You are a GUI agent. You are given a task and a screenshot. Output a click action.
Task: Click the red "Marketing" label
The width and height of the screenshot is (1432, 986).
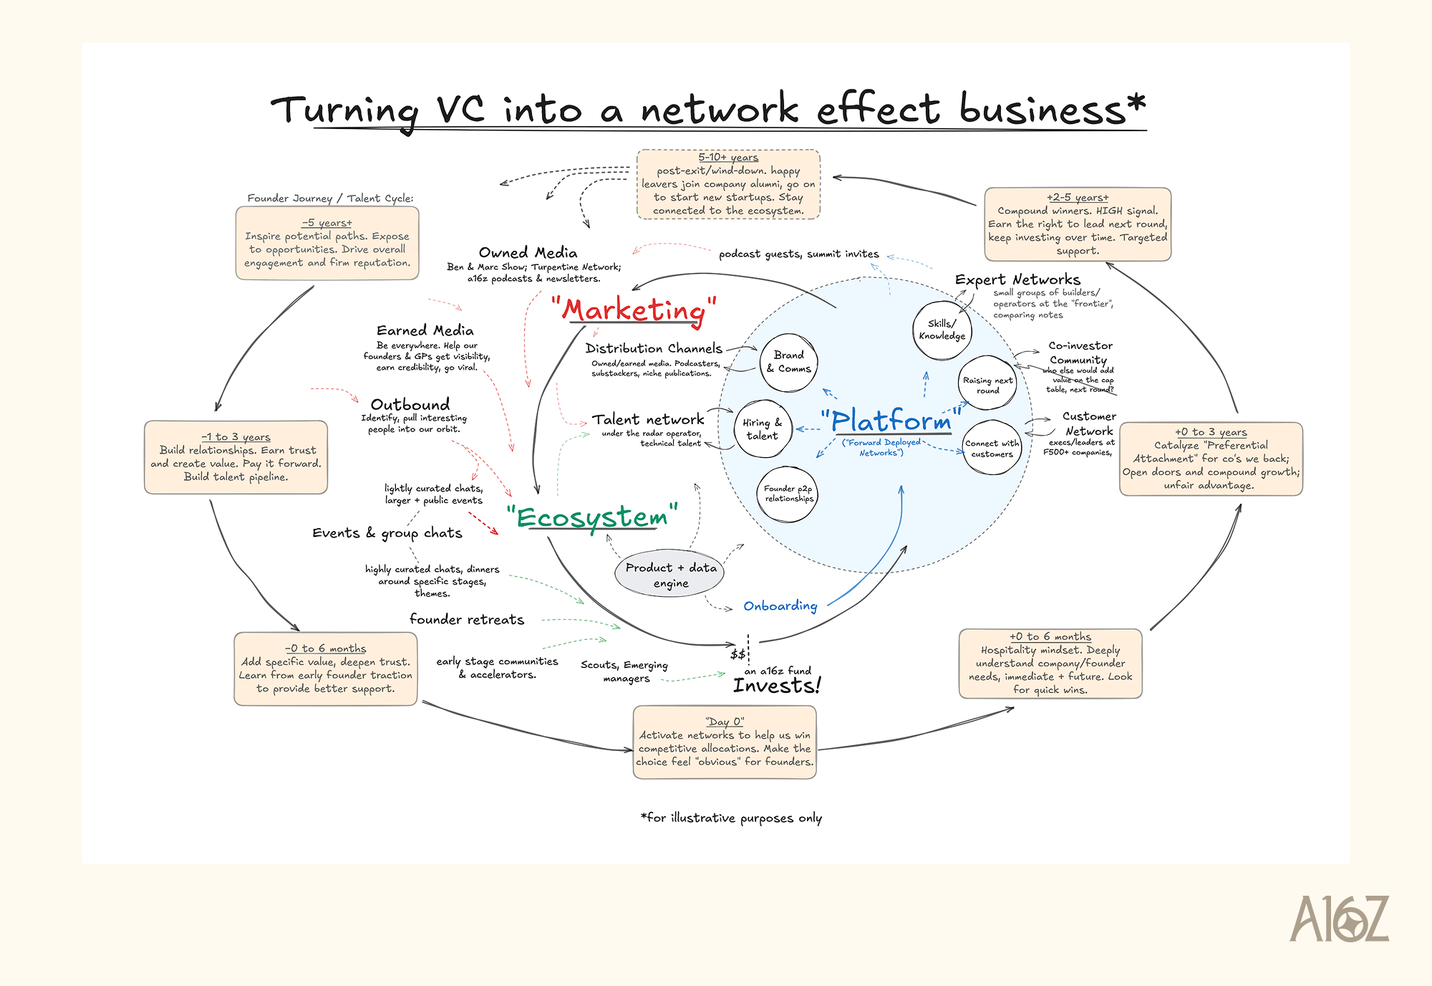[634, 310]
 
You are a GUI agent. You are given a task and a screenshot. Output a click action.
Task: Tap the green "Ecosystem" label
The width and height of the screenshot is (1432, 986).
[592, 517]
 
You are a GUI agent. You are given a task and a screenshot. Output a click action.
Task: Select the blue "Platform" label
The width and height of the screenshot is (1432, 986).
[891, 421]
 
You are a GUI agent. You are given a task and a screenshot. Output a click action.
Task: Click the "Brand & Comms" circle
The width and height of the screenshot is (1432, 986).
[788, 362]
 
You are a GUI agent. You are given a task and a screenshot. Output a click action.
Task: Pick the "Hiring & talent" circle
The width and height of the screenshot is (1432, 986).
[763, 429]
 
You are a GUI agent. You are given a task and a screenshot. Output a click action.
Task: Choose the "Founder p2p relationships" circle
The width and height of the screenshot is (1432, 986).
[788, 494]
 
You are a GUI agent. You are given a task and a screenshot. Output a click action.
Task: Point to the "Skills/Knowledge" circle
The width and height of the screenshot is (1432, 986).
[942, 330]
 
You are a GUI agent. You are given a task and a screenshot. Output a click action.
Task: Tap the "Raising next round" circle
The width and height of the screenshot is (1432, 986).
[988, 384]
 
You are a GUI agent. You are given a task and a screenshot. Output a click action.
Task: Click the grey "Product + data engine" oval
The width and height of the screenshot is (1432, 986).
[670, 574]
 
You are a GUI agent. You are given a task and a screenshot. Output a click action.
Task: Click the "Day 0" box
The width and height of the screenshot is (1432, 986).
[725, 742]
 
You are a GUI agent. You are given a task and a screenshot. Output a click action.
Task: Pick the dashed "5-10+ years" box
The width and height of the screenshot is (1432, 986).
[728, 184]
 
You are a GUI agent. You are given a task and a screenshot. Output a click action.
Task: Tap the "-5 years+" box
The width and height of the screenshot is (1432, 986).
[327, 243]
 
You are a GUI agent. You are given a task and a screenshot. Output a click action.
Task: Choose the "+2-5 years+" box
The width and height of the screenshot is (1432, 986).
[1078, 224]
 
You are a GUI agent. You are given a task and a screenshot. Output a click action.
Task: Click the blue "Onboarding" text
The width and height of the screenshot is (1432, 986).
[780, 606]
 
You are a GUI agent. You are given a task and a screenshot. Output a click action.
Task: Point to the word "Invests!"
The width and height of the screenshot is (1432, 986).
[776, 686]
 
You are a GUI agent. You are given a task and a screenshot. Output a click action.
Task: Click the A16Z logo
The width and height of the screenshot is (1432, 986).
[1338, 919]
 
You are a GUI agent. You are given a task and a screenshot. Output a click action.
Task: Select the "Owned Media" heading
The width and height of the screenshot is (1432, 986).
[528, 252]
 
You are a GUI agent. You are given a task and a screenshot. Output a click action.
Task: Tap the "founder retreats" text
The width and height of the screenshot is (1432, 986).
[467, 619]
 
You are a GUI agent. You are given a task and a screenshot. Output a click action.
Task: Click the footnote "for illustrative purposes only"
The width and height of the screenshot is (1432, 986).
[732, 818]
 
